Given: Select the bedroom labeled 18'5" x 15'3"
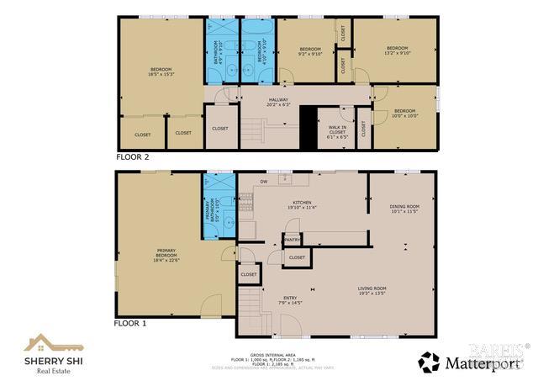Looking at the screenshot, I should pos(161,71).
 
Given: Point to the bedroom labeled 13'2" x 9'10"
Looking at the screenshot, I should pos(396,50).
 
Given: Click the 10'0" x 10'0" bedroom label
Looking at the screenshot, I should pos(405,114).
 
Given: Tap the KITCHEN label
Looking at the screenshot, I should pos(302,205).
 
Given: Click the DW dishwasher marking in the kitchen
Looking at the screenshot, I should pos(263,181).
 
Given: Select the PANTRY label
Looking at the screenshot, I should pos(292,240).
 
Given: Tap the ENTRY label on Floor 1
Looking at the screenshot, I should pos(288,300).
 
